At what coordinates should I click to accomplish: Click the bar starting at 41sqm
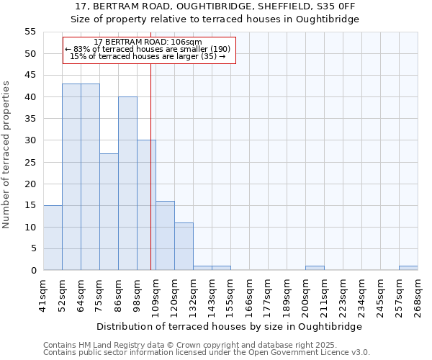pyautogui.click(x=53, y=238)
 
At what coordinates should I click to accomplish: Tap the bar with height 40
pyautogui.click(x=127, y=184)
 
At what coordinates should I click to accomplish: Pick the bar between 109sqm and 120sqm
pyautogui.click(x=165, y=235)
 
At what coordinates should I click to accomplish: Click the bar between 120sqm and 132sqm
pyautogui.click(x=184, y=246)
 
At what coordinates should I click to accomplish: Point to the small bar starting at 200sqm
pyautogui.click(x=315, y=268)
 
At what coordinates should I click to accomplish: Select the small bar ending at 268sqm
pyautogui.click(x=408, y=268)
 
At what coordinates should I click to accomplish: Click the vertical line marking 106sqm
pyautogui.click(x=150, y=166)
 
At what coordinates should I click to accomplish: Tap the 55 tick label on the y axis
pyautogui.click(x=30, y=32)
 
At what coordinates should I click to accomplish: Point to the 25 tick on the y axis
pyautogui.click(x=30, y=162)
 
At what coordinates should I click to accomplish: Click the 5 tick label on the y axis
pyautogui.click(x=32, y=248)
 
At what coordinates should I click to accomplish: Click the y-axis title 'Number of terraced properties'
pyautogui.click(x=7, y=154)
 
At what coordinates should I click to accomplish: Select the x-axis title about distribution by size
pyautogui.click(x=229, y=326)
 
